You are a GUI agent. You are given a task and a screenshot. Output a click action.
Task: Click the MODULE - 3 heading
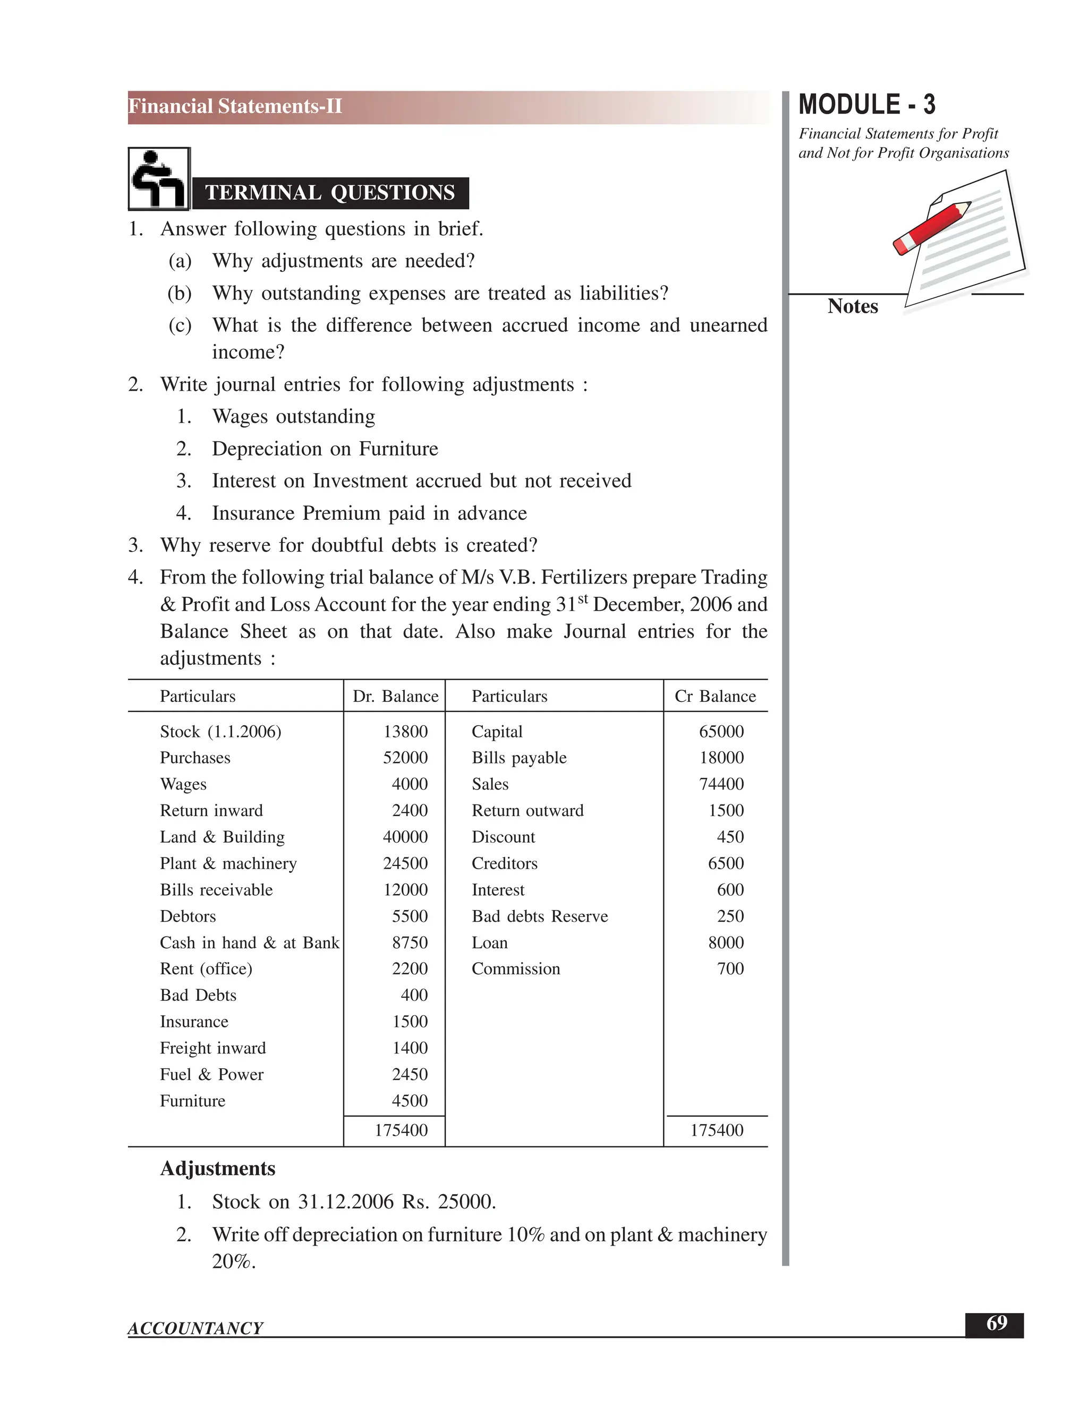[866, 105]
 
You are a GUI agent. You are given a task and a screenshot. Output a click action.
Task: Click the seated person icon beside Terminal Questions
[158, 178]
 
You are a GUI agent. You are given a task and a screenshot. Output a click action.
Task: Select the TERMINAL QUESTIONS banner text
[330, 193]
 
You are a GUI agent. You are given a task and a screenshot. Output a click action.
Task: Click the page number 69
[996, 1323]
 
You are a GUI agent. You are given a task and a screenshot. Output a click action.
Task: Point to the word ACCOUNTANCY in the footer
[195, 1328]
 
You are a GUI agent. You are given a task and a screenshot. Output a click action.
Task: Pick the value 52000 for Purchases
[405, 758]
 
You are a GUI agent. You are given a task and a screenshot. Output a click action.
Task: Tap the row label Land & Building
[223, 837]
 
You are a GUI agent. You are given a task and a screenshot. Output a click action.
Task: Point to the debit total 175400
[401, 1130]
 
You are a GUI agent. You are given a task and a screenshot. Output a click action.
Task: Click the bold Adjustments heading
[217, 1169]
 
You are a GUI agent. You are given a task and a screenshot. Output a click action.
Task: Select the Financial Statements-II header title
[235, 106]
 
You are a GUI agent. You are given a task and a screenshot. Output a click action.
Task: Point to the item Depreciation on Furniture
[325, 449]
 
